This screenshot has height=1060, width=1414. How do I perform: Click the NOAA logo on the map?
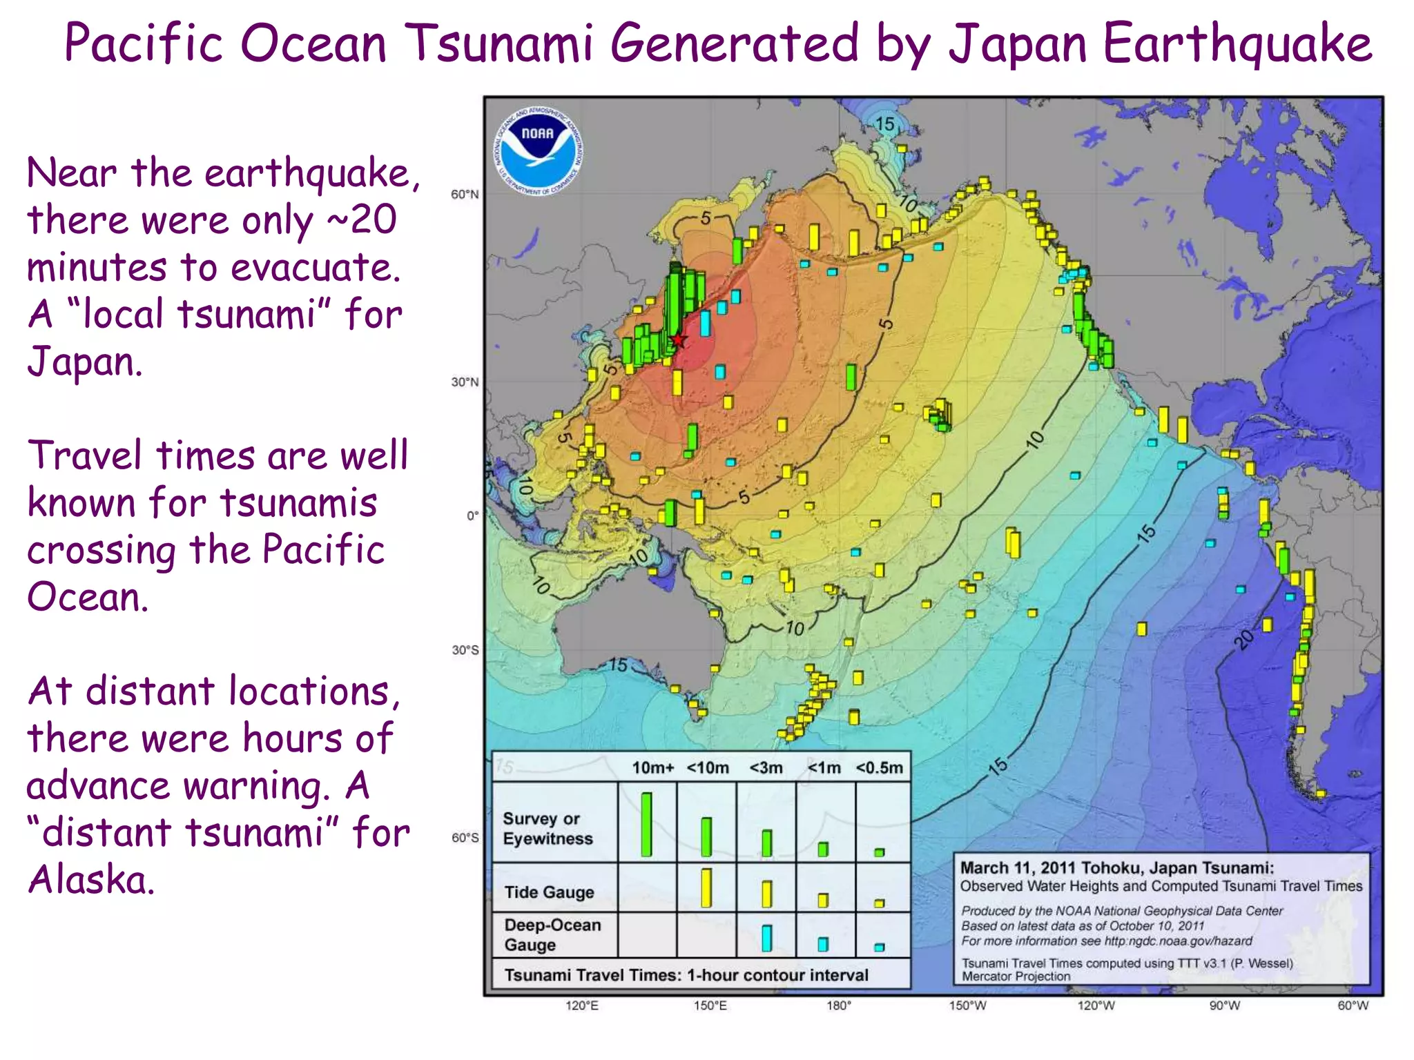click(x=538, y=150)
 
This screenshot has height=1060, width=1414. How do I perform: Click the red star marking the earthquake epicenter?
click(x=679, y=340)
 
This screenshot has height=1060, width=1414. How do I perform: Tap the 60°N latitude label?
click(x=465, y=195)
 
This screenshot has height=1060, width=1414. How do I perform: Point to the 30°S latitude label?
click(x=465, y=650)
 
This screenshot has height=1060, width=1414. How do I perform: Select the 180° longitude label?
click(x=839, y=1006)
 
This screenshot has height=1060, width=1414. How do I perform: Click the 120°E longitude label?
click(x=582, y=1006)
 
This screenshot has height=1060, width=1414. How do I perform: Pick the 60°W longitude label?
click(x=1353, y=1006)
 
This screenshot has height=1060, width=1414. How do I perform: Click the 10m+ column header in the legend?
click(x=652, y=768)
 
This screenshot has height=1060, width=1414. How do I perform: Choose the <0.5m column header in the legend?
click(x=879, y=768)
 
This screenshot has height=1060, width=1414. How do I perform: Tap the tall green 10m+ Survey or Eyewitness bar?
click(x=646, y=825)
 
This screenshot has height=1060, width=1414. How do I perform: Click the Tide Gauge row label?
click(x=549, y=892)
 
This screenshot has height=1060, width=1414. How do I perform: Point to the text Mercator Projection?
click(x=1016, y=976)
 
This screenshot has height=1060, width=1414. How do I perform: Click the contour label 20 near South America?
click(x=1243, y=640)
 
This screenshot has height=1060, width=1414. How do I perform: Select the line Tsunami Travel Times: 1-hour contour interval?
click(x=686, y=975)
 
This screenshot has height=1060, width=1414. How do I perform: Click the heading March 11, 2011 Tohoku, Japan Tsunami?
click(x=1116, y=868)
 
